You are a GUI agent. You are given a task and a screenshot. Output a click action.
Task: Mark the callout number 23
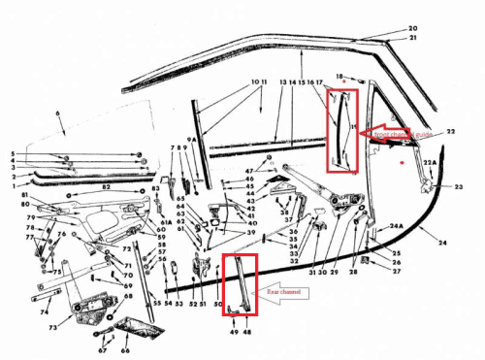458,183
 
